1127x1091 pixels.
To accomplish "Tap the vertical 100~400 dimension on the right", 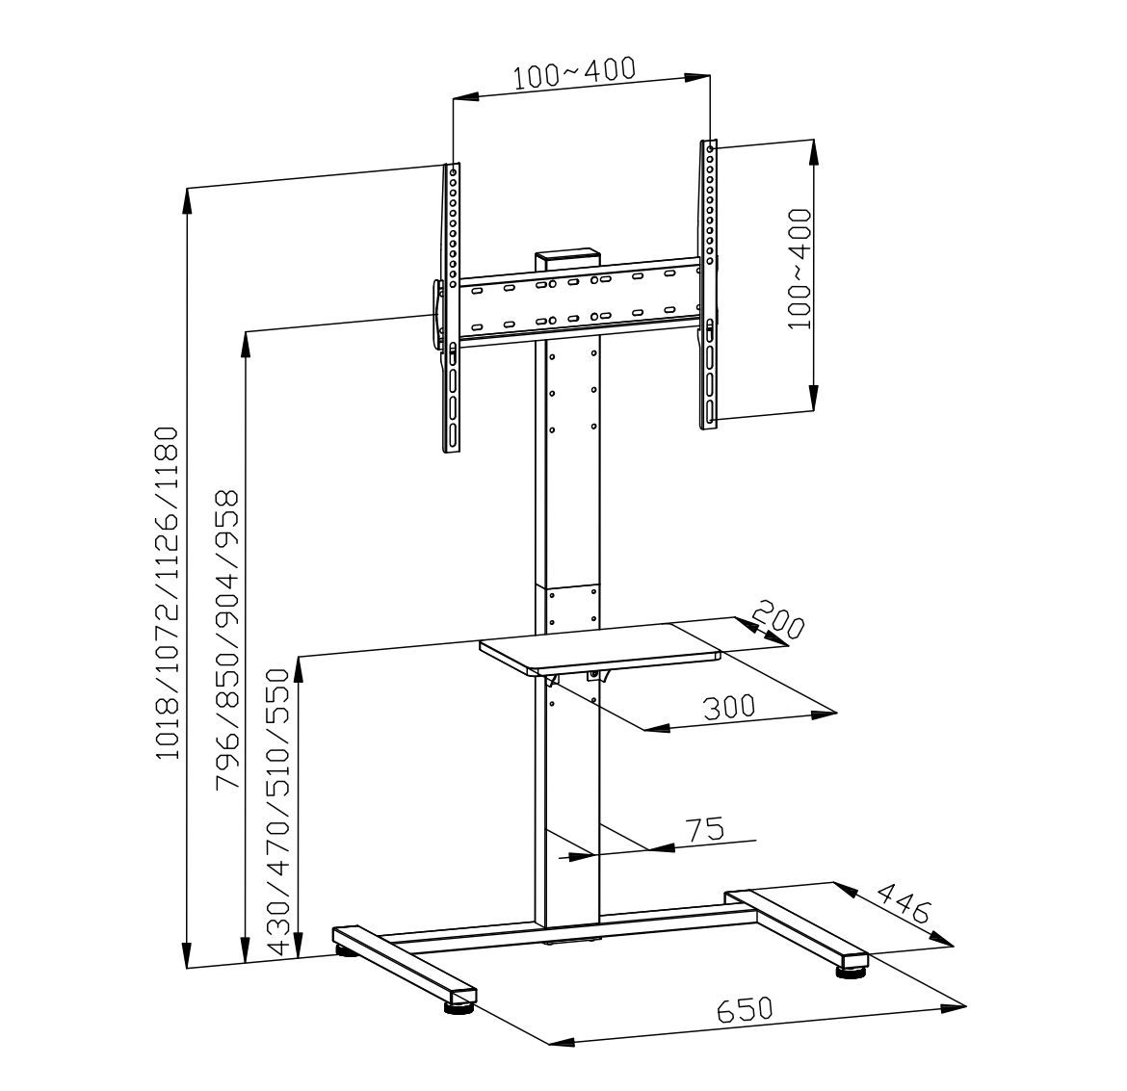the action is pos(799,269).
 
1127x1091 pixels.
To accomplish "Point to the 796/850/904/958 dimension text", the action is pos(227,640).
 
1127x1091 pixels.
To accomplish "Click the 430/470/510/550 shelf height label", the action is pos(278,812).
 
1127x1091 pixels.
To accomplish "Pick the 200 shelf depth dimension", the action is pos(777,619).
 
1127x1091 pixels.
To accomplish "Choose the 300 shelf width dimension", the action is pos(729,707).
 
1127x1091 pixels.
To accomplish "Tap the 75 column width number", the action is pos(705,829).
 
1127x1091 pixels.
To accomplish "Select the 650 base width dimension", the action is pos(745,1010).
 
